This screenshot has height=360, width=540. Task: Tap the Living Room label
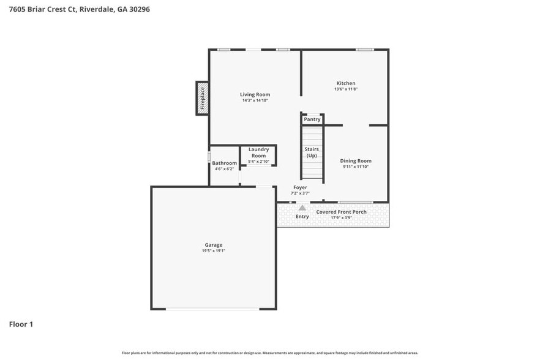(x=255, y=94)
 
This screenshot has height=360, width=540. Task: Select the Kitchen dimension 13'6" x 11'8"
(x=345, y=89)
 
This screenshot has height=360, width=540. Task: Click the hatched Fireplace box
(x=202, y=98)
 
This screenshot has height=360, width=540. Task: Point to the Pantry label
(x=312, y=119)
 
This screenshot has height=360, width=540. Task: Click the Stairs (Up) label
(x=311, y=152)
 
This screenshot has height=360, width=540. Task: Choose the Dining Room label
(x=356, y=161)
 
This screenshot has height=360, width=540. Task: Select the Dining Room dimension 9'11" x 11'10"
(x=356, y=167)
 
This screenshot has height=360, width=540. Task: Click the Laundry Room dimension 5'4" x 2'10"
(x=258, y=162)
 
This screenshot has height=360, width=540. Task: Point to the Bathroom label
(x=224, y=163)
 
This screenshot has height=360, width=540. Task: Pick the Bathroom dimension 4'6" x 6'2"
(x=224, y=169)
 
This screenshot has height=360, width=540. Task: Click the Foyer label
(x=300, y=187)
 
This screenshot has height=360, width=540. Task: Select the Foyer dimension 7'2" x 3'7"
(x=300, y=193)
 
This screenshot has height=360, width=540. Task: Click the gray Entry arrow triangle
(x=302, y=208)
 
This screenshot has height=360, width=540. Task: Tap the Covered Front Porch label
(x=341, y=212)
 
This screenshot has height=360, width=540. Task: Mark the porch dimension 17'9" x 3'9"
(x=341, y=217)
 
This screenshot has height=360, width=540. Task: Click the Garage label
(x=214, y=245)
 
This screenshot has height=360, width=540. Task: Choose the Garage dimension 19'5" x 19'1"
(x=214, y=251)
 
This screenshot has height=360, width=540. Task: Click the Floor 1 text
(x=21, y=324)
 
